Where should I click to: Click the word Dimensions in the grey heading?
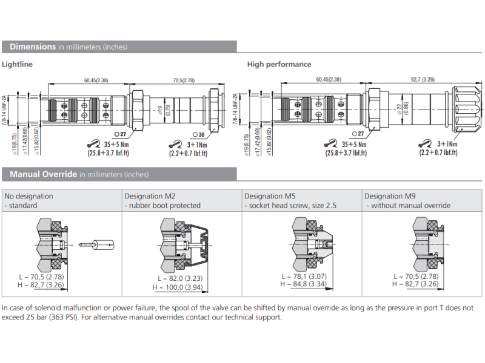point(33,47)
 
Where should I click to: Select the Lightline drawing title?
point(18,64)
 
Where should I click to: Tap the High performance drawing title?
point(279,64)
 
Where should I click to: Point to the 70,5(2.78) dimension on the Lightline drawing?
point(184,80)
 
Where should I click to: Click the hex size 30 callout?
point(198,134)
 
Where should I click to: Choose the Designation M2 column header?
point(150,196)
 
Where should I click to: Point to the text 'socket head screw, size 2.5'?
point(292,206)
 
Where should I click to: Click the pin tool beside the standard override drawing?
point(96,244)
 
